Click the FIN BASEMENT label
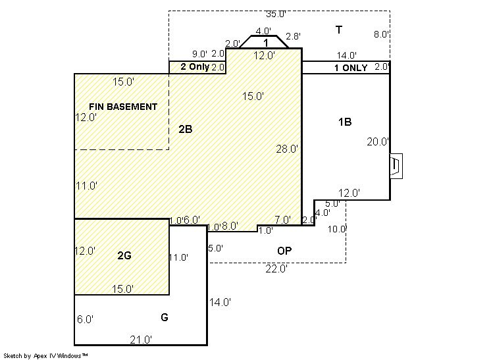(x=123, y=107)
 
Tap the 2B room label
(x=186, y=129)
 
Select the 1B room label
(x=345, y=122)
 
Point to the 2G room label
(x=124, y=256)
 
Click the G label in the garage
(x=165, y=317)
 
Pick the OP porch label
(x=284, y=251)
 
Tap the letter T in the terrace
(x=339, y=30)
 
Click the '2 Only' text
(x=195, y=66)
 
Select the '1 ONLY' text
(x=351, y=68)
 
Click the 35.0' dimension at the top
(x=276, y=14)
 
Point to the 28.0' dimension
(x=287, y=149)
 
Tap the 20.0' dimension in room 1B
(x=378, y=141)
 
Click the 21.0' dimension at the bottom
(x=141, y=340)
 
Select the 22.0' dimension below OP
(x=276, y=269)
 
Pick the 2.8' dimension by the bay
(x=293, y=36)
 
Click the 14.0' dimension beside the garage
(x=220, y=302)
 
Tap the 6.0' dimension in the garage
(x=85, y=319)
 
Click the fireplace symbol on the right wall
(x=396, y=167)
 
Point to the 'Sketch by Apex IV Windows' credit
(x=45, y=356)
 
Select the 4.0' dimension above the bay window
(x=263, y=31)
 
